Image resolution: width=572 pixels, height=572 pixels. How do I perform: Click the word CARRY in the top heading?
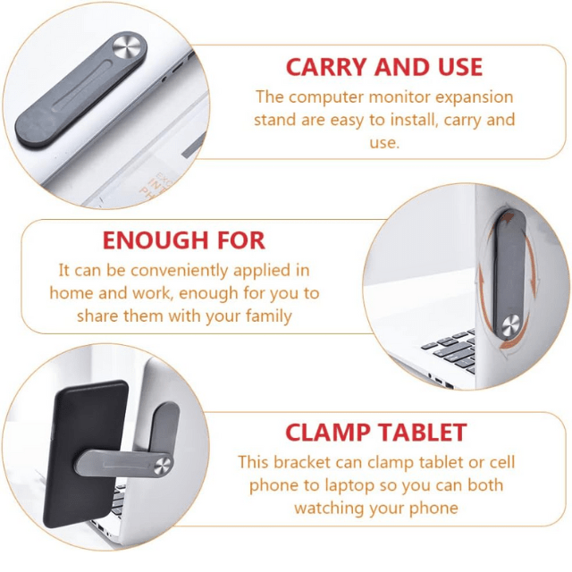(325, 67)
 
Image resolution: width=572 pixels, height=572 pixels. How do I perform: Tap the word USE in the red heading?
(460, 67)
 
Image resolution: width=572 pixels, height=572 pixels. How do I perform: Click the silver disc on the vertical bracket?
(510, 325)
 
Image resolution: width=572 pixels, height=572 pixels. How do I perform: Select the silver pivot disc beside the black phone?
(162, 466)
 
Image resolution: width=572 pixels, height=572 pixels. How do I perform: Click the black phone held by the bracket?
(86, 453)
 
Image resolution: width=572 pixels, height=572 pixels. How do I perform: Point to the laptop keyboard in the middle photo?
(450, 350)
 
